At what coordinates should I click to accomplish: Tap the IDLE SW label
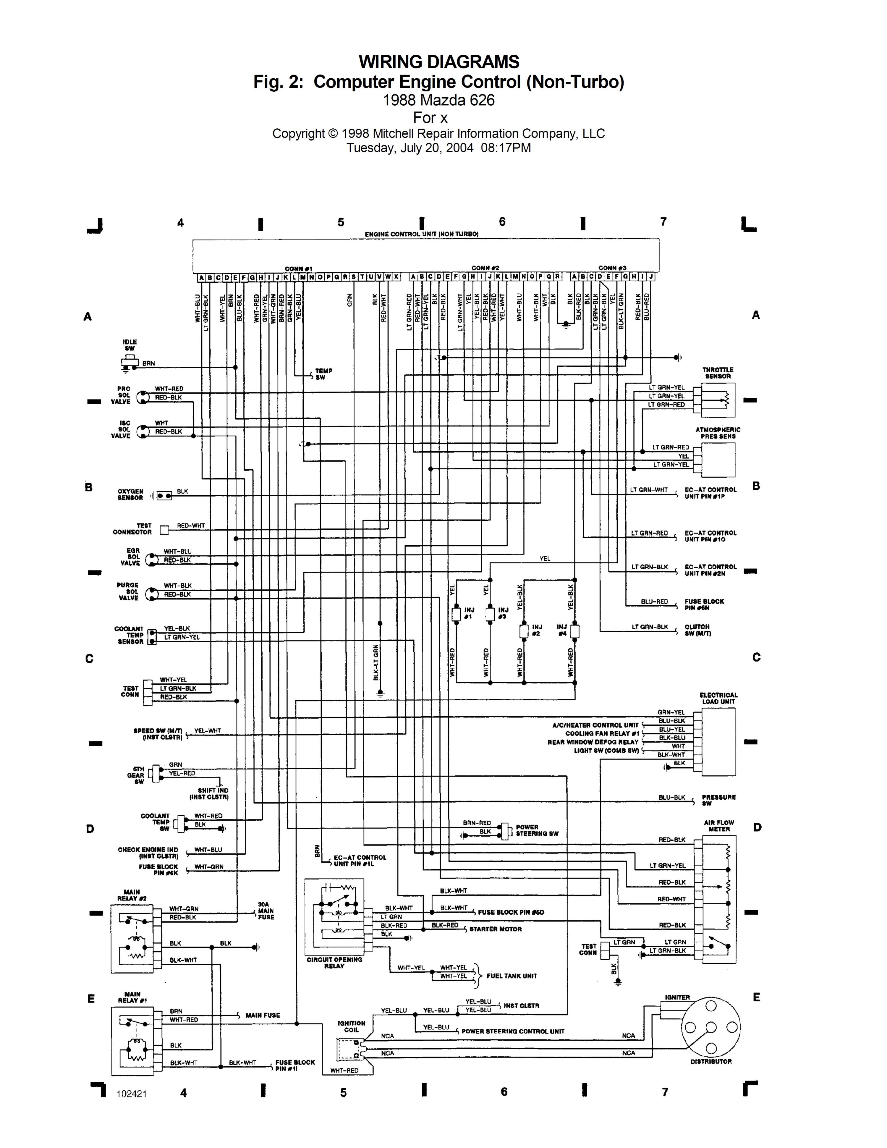[129, 345]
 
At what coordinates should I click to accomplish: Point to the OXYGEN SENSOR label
[130, 495]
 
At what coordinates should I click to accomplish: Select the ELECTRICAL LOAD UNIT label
[718, 698]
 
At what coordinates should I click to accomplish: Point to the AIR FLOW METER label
[719, 826]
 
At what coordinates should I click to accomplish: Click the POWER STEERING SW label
[537, 830]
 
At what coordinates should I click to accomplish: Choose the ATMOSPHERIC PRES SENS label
[718, 433]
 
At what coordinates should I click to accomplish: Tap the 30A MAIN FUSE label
[266, 911]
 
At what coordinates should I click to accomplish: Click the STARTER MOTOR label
[495, 929]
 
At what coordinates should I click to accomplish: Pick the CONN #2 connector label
[485, 268]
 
